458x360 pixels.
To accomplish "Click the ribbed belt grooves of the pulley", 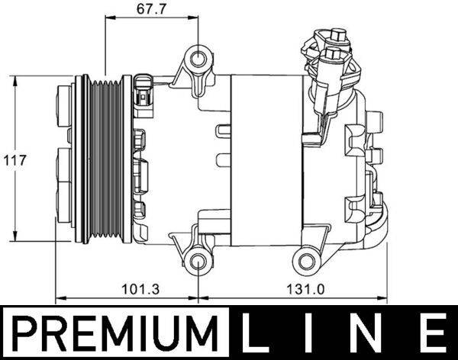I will point(104,160).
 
